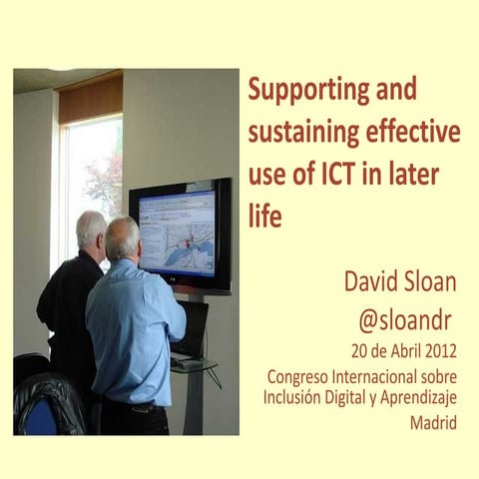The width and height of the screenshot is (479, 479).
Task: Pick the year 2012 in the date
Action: [438, 352]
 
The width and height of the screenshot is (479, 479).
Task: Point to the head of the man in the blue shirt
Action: [123, 238]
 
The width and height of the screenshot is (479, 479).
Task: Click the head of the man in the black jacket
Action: [91, 230]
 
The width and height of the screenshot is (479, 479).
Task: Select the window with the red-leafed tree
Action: [98, 180]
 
